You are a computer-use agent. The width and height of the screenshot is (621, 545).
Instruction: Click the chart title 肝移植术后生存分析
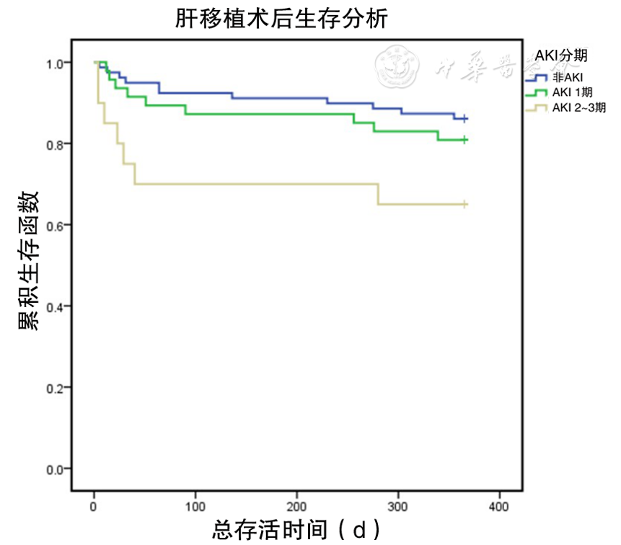282,19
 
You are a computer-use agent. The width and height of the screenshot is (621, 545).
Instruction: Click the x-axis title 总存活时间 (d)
296,530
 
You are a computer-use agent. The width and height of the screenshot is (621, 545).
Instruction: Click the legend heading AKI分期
560,56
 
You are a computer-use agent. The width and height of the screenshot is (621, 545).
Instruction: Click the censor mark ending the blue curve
465,118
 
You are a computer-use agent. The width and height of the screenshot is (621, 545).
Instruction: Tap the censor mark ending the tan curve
465,205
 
